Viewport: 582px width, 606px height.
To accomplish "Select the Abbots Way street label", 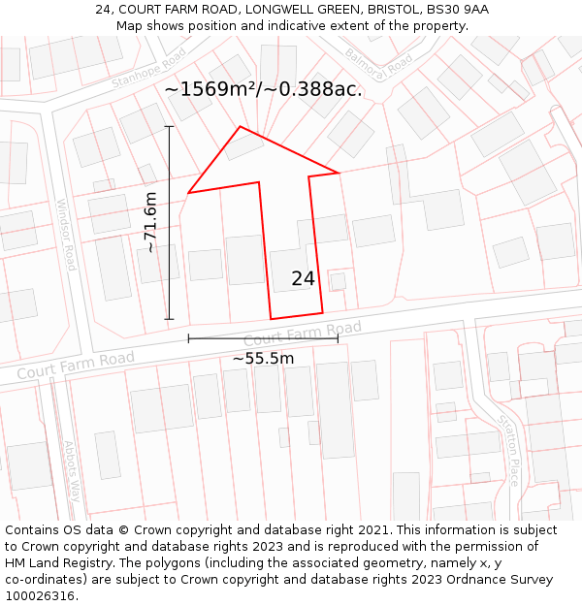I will click(x=73, y=470).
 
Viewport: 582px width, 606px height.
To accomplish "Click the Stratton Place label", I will click(x=508, y=450).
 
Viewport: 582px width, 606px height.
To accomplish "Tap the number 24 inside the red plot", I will click(x=303, y=279).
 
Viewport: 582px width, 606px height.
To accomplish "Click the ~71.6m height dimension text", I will click(x=150, y=222).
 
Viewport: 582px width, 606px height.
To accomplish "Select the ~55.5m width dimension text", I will click(x=263, y=359).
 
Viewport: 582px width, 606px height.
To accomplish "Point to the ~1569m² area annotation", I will click(x=263, y=89).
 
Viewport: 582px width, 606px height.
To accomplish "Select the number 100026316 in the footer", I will click(x=39, y=596).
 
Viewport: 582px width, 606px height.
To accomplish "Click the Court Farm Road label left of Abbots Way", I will click(x=76, y=367).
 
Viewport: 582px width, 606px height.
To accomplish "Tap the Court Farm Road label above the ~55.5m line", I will click(x=302, y=335).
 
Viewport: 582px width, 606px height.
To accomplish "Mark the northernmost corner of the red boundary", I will click(x=240, y=126).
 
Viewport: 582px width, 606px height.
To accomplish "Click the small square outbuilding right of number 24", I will click(x=338, y=281).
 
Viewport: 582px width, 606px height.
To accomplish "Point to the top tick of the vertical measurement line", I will click(x=169, y=126).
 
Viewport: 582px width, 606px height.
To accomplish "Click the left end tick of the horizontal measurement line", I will click(x=188, y=338).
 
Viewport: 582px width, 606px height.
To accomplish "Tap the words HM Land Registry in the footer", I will click(x=54, y=563).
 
